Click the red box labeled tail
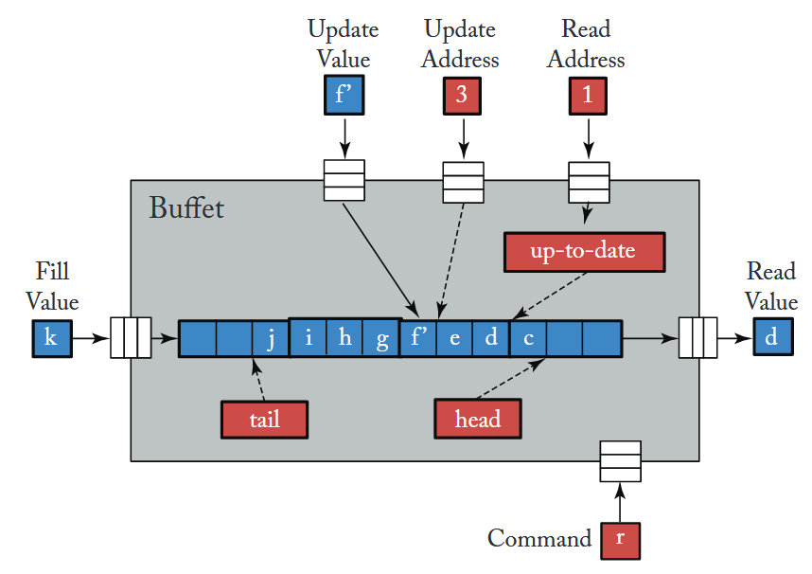(264, 419)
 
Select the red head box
(477, 419)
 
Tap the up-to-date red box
(585, 251)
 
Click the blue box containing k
(51, 339)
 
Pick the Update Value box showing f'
(344, 96)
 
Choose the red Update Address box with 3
(464, 96)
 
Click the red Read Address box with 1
(589, 96)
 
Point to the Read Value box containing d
(773, 338)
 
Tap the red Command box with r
(620, 540)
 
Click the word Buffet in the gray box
(186, 207)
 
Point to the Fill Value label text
(52, 287)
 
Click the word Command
(538, 540)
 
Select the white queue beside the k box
(131, 338)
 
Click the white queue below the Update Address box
(464, 180)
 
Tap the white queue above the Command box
(620, 461)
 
